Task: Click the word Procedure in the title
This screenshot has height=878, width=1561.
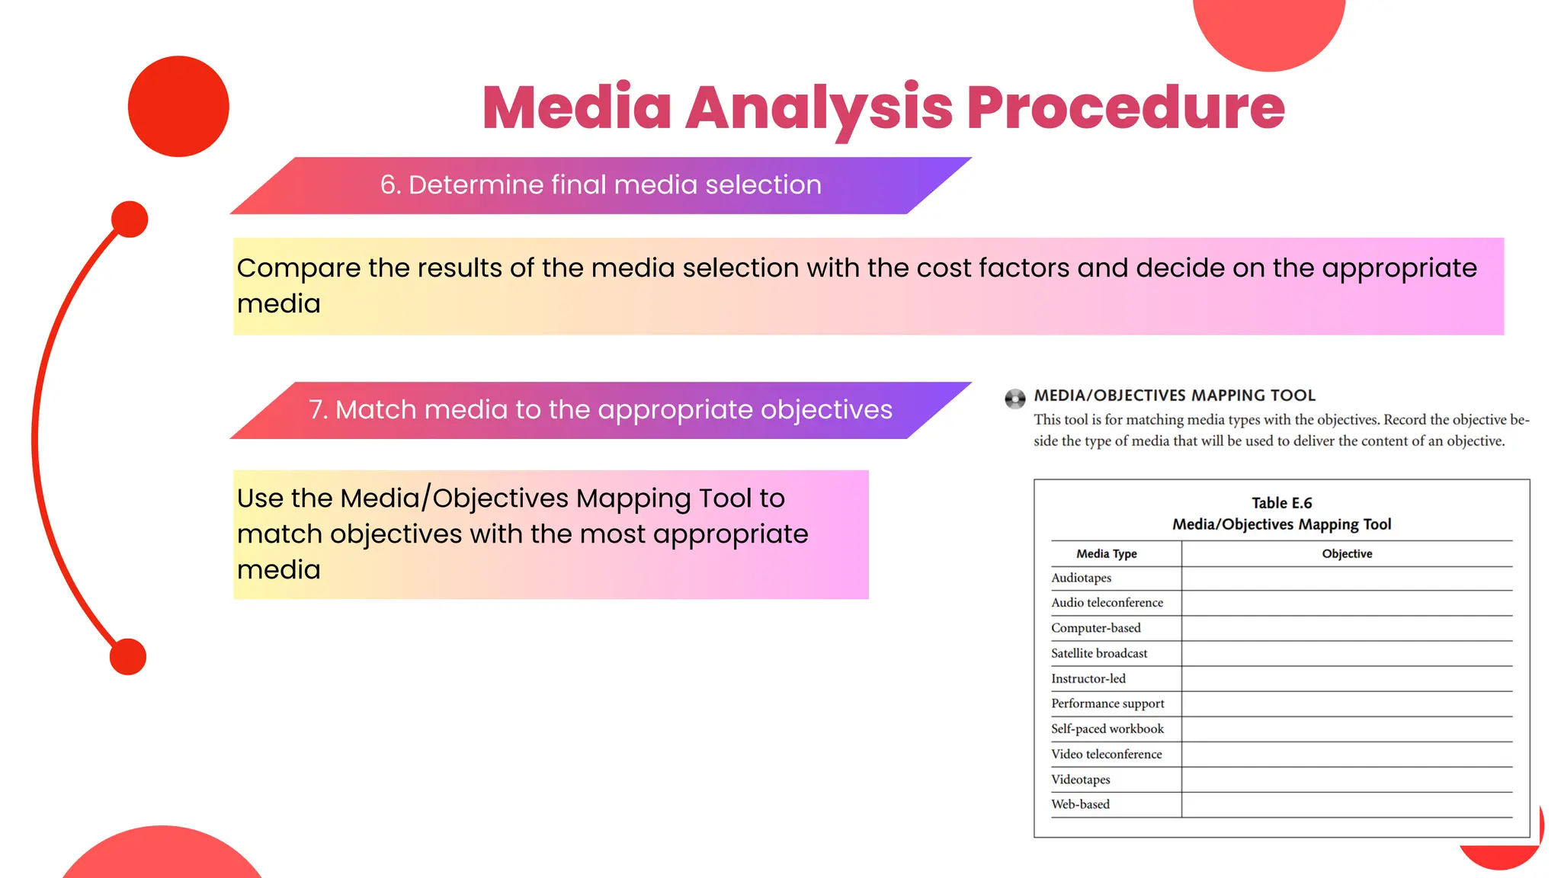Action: tap(1126, 108)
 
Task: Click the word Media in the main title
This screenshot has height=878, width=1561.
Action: tap(577, 108)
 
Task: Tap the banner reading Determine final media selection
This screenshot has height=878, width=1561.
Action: tap(601, 185)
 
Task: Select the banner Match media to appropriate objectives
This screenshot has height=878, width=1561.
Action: tap(601, 410)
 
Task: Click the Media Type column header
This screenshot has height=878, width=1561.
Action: tap(1106, 554)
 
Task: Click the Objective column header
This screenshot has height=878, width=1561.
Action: tap(1347, 554)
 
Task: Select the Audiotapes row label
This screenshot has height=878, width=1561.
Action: tap(1081, 578)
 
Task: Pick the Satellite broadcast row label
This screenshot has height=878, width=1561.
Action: tap(1098, 654)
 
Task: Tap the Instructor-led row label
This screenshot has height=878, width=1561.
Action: tap(1088, 679)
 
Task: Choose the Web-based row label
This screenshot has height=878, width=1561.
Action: tap(1080, 805)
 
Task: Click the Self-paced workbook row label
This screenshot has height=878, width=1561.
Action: tap(1107, 729)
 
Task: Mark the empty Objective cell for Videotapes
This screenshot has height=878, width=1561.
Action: tap(1347, 780)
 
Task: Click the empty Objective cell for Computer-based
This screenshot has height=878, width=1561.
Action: tap(1347, 629)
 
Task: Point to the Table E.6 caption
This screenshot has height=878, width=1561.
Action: tap(1281, 503)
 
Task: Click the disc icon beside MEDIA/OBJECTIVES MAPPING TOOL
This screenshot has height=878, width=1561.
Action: tap(1014, 399)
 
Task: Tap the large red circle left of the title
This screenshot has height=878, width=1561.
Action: tap(178, 107)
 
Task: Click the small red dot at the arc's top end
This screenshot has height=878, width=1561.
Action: tap(130, 219)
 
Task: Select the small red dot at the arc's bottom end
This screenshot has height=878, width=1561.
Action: tap(128, 656)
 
